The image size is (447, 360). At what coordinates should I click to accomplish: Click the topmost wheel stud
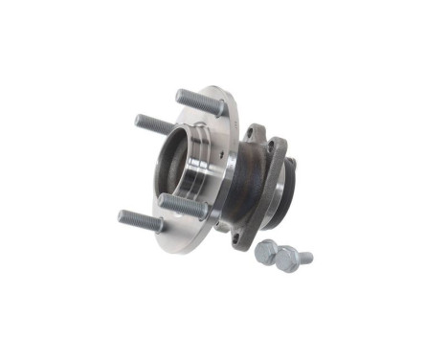coord(195,100)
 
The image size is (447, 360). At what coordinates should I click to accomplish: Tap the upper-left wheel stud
coord(155,124)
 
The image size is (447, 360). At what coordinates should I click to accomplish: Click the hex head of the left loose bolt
coord(267,250)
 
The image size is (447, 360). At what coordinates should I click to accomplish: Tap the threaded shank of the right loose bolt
coord(303,256)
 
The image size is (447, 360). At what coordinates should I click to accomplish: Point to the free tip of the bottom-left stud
coord(123,216)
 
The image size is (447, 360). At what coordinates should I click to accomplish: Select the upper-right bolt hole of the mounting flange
coord(279,146)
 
